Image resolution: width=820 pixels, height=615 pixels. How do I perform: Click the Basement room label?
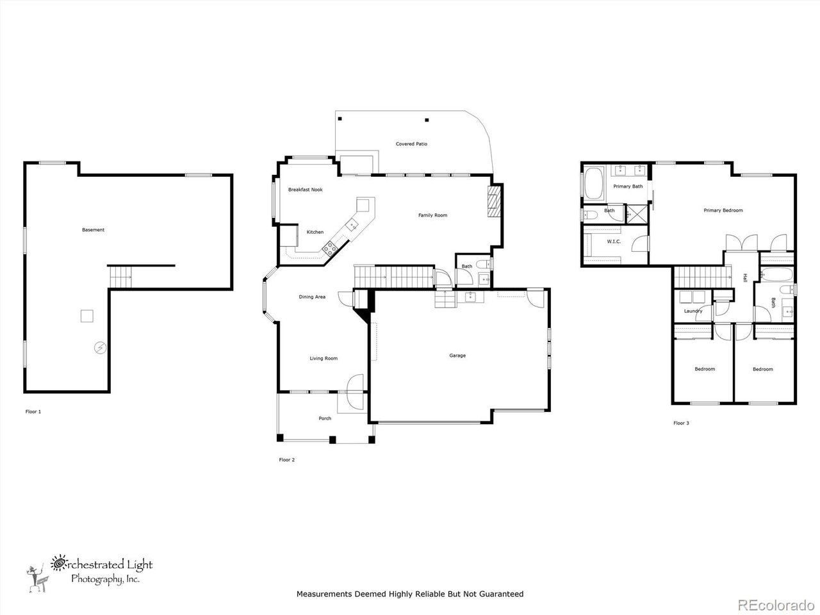[93, 230]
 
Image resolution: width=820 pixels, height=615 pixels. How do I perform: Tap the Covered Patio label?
[411, 144]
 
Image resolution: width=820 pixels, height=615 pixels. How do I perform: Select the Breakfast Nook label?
[305, 190]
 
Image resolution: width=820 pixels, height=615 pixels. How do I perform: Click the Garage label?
[457, 356]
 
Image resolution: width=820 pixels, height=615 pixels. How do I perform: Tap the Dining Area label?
[312, 297]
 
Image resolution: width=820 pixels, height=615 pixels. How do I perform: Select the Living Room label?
[324, 359]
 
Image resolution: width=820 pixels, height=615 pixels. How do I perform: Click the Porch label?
[325, 419]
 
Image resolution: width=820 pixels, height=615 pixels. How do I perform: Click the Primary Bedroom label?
[723, 210]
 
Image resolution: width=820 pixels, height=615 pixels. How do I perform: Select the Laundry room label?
[693, 311]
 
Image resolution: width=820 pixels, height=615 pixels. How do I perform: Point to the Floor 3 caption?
[681, 423]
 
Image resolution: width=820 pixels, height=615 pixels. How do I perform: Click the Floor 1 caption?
[33, 412]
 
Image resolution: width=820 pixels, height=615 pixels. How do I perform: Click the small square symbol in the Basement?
[87, 316]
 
